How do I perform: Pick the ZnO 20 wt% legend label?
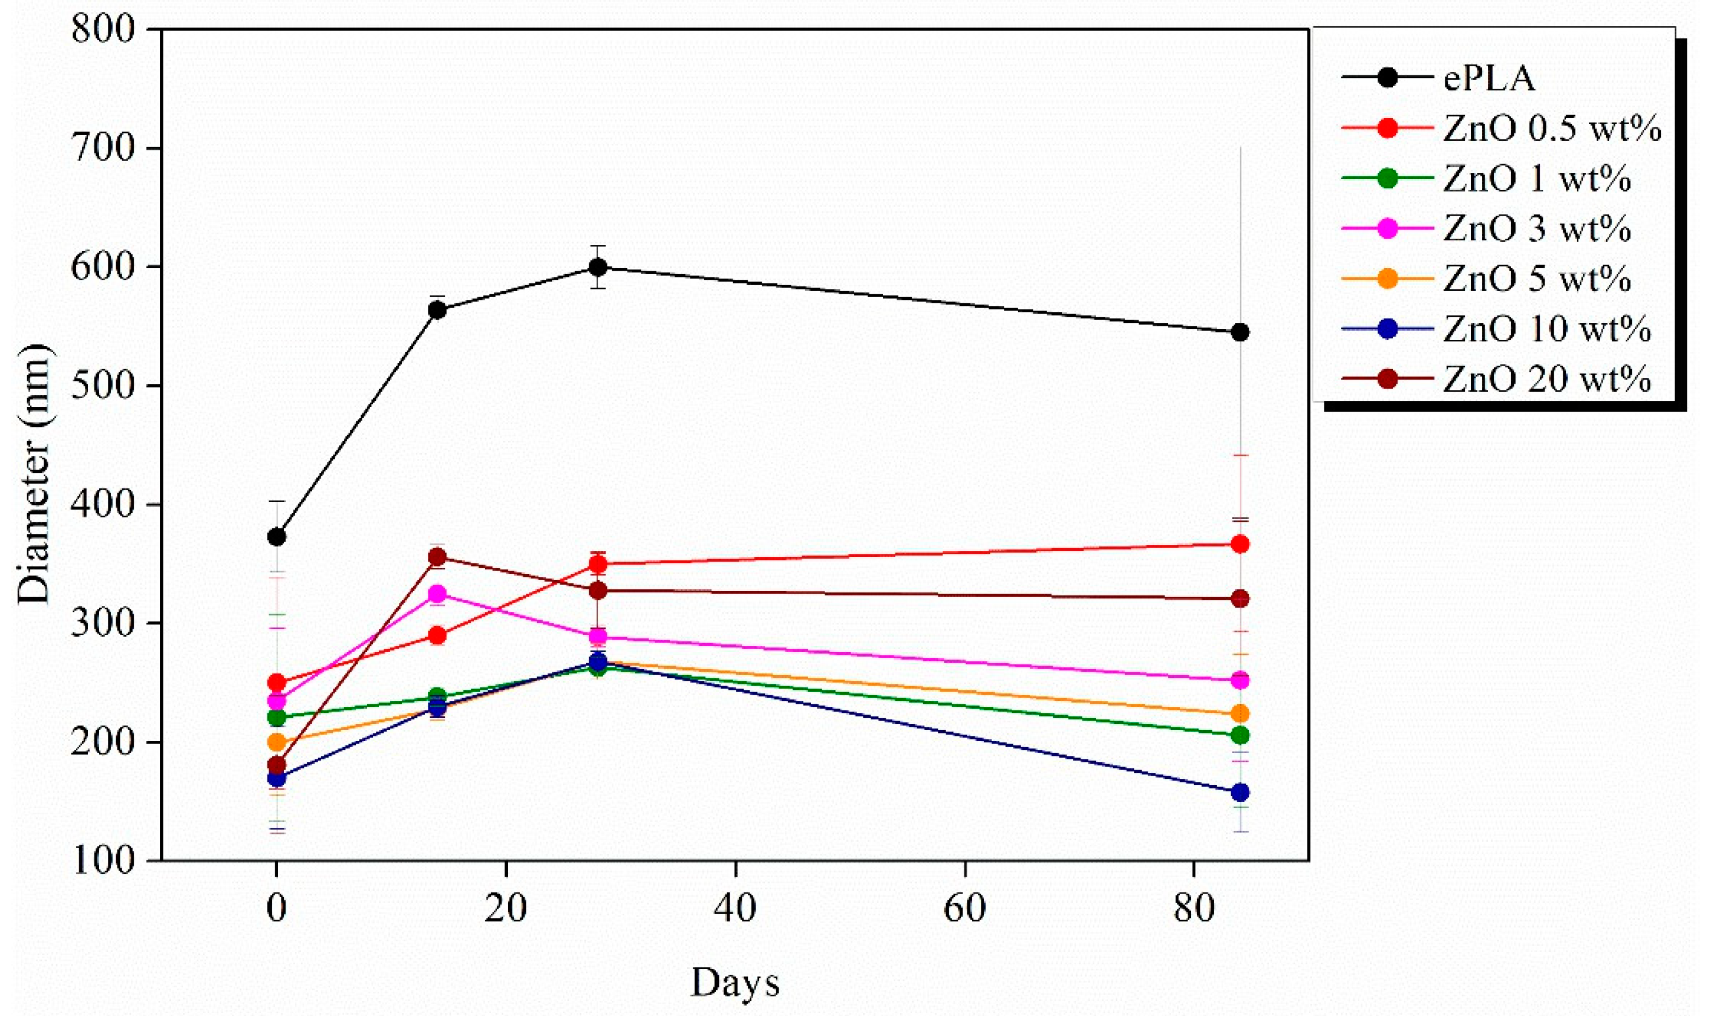point(1548,379)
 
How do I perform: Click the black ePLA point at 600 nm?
point(598,266)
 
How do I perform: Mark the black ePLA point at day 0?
point(276,537)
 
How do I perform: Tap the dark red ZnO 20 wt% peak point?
point(437,557)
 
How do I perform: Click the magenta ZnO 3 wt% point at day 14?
point(437,593)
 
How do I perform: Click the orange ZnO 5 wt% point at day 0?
point(276,742)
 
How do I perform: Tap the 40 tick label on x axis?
point(735,909)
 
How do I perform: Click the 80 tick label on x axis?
point(1194,909)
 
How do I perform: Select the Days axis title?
point(735,983)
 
